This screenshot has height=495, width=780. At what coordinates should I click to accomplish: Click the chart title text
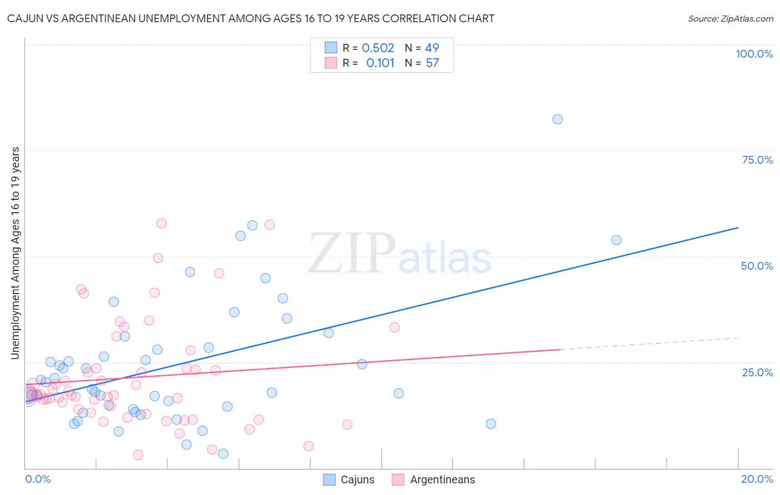tap(250, 18)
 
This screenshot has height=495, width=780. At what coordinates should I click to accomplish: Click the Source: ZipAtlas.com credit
tap(730, 18)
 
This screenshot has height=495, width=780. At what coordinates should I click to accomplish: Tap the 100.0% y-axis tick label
tap(754, 54)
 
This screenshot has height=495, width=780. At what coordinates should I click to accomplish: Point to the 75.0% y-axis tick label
tap(757, 160)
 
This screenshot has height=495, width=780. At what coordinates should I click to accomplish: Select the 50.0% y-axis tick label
tap(757, 266)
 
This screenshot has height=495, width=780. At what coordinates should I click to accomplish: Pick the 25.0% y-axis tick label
tap(757, 372)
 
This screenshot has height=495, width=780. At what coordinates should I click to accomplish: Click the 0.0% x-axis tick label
tap(38, 479)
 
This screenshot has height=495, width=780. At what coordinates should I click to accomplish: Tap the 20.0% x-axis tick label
tap(757, 479)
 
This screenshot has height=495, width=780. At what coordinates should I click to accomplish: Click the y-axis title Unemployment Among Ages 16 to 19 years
tap(16, 253)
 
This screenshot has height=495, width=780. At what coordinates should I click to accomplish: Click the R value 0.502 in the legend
tap(378, 48)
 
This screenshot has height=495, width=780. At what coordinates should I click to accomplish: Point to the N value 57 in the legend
tap(432, 63)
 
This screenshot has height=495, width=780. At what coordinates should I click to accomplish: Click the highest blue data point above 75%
tap(558, 119)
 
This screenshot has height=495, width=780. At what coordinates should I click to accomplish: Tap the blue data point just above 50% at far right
tap(616, 240)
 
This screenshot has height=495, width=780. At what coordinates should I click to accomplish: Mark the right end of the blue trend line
tap(737, 228)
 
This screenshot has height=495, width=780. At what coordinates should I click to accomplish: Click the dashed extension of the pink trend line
tap(649, 344)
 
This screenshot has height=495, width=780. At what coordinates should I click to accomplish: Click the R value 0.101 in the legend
tap(380, 63)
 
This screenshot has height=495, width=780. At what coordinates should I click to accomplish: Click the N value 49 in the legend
tap(432, 48)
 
